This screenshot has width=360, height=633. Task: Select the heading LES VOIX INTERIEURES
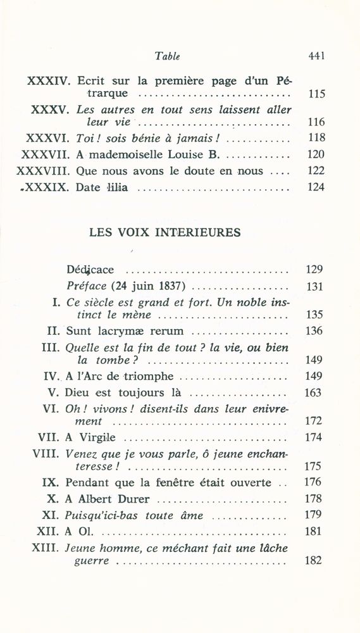[165, 232]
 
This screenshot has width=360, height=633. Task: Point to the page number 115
[315, 94]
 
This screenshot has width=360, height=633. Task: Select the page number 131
[314, 286]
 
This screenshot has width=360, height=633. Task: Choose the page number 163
[314, 392]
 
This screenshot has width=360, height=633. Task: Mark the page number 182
[314, 560]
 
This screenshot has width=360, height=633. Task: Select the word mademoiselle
[120, 154]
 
